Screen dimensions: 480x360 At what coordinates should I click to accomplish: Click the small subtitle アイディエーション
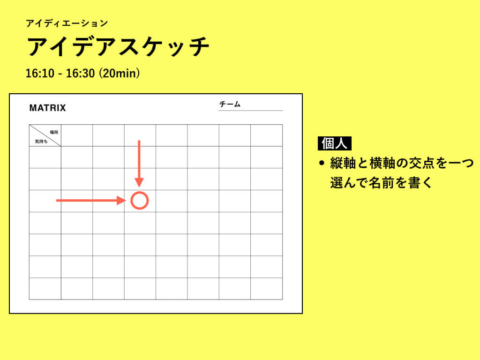[67, 23]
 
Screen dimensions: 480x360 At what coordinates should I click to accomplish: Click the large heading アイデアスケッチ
[118, 46]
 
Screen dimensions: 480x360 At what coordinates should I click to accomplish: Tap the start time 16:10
[40, 74]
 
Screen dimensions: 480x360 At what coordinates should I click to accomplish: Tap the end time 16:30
[81, 74]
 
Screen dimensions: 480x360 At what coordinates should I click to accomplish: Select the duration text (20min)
[120, 74]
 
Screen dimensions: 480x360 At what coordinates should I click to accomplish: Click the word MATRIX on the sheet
[47, 108]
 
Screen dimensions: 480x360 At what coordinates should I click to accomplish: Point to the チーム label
[230, 104]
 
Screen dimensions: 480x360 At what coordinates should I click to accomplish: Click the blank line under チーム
[250, 110]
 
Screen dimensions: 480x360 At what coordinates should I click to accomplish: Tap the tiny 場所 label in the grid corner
[54, 132]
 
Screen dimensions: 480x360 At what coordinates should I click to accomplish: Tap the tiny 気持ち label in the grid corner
[41, 142]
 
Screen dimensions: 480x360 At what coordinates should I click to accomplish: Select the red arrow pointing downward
[139, 164]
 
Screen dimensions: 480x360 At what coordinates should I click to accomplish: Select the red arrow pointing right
[91, 201]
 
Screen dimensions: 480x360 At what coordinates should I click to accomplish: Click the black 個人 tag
[335, 143]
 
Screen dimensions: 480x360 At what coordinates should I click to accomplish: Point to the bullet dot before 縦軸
[322, 163]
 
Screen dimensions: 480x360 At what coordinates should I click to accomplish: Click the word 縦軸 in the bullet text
[340, 163]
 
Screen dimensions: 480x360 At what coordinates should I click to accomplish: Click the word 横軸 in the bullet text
[379, 163]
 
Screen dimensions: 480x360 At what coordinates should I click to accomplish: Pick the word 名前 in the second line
[379, 183]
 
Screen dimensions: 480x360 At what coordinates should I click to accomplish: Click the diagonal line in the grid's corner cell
[45, 135]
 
